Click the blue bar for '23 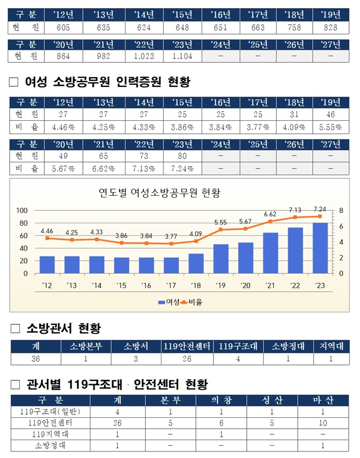tap(320, 248)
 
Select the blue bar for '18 tap(196, 263)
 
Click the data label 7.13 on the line tap(296, 210)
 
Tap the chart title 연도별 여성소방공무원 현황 tap(159, 193)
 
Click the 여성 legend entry tap(168, 302)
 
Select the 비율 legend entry tap(192, 302)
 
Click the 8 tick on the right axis tap(340, 210)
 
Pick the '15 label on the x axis tap(121, 285)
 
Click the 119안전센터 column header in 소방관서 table tap(187, 346)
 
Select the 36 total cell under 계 tap(35, 359)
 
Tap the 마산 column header tap(322, 400)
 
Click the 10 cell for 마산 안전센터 tap(322, 423)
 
